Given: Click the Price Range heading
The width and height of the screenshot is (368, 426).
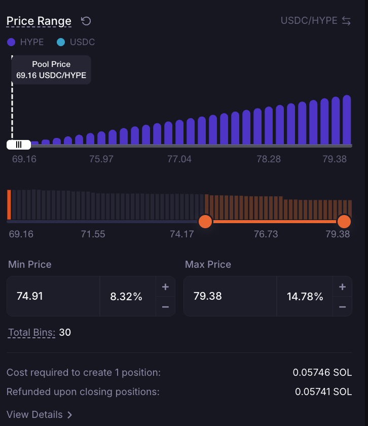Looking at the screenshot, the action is tap(39, 21).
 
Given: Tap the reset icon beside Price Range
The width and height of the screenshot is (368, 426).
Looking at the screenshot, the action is tap(86, 21).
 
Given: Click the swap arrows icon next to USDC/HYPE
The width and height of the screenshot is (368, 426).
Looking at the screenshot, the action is tap(346, 21).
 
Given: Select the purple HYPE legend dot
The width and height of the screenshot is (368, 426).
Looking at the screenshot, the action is tap(11, 42).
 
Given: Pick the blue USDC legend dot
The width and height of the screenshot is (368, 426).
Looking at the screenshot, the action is tap(61, 42).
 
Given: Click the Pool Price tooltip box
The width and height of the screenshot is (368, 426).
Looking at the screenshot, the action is tap(51, 70).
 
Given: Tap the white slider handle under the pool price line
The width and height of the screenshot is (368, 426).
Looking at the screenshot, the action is tap(19, 145).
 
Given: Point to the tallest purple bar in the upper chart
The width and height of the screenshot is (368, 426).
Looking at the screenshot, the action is tap(347, 120).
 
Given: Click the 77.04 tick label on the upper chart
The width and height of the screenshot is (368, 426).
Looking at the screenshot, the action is tap(179, 159).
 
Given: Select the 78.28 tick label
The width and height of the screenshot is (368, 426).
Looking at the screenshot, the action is tap(269, 159).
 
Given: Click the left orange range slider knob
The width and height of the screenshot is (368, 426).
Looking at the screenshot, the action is tap(205, 222).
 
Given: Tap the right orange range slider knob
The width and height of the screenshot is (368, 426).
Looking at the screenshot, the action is tap(344, 222).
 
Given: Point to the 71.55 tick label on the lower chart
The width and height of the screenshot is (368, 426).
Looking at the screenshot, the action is tap(93, 234).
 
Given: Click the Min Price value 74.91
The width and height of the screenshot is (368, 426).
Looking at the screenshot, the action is tap(30, 296).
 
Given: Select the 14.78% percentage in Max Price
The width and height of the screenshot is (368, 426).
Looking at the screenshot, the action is tap(305, 296).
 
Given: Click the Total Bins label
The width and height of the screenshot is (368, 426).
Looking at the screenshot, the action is tap(32, 333).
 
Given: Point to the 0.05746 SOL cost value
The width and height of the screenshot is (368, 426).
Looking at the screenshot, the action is tap(322, 372).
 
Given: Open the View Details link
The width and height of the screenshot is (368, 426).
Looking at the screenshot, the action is tap(39, 415).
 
